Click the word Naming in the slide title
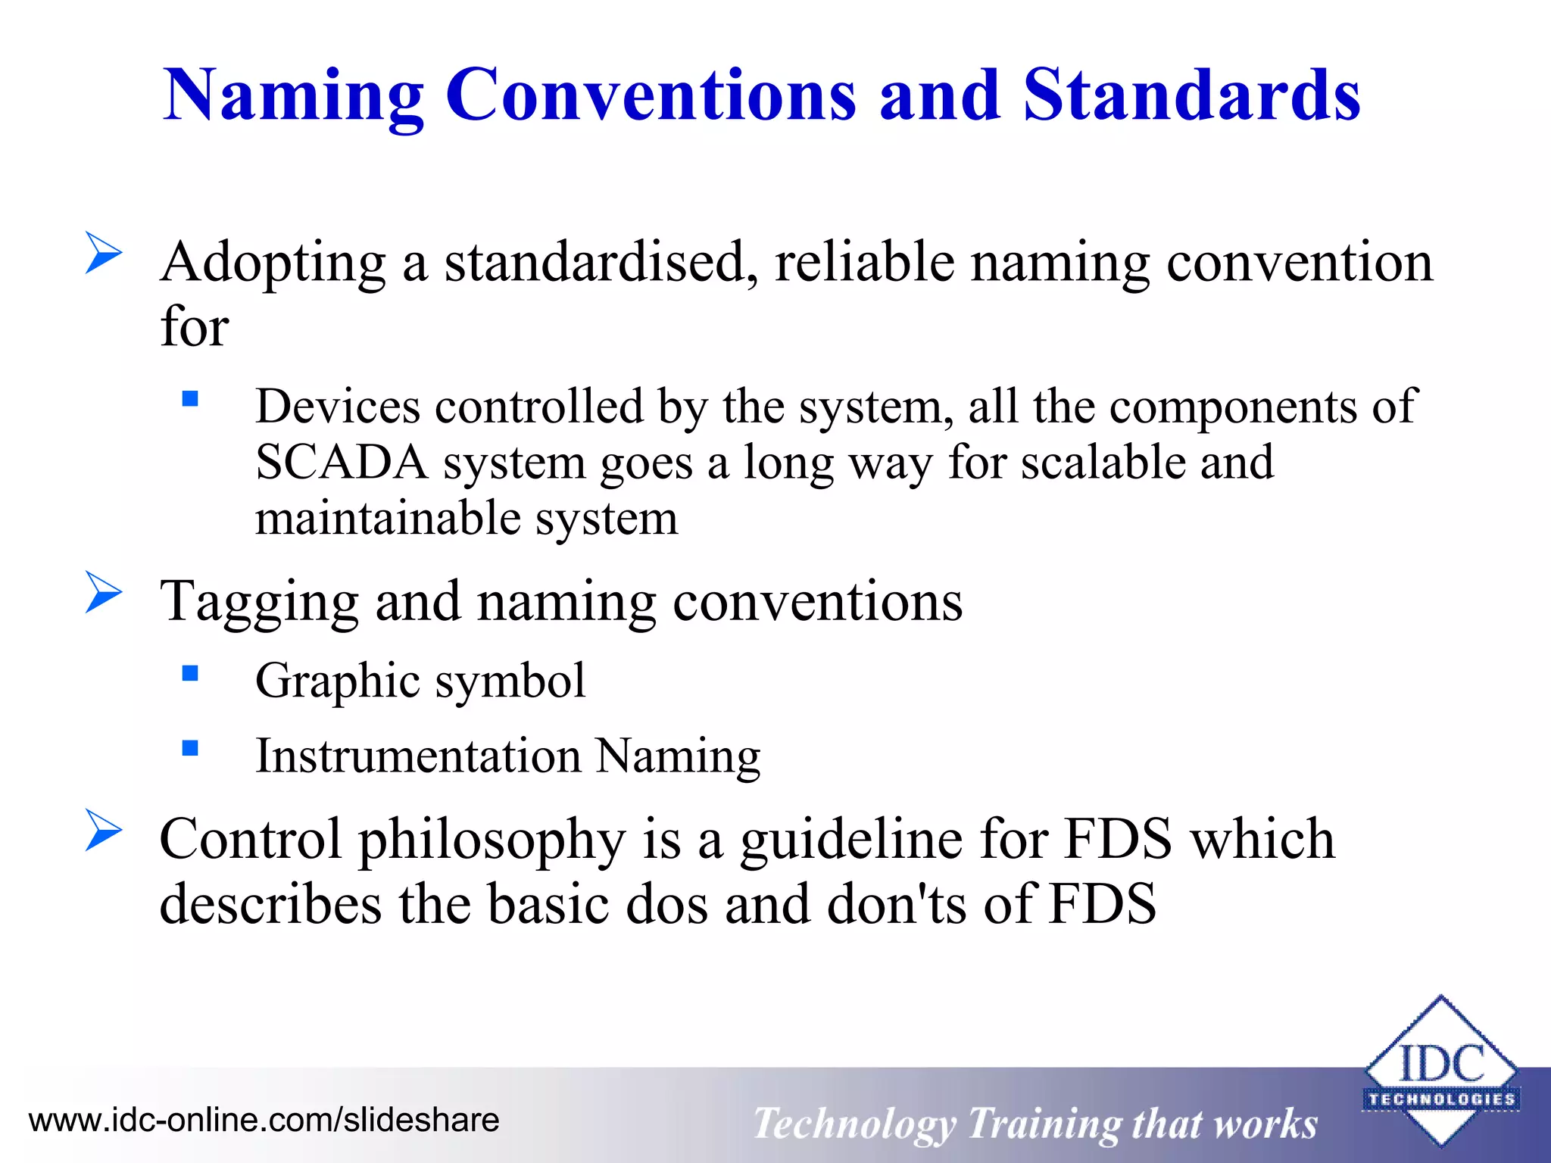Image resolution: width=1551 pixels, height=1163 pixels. (x=293, y=96)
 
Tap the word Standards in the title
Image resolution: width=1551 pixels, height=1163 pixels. (x=1191, y=96)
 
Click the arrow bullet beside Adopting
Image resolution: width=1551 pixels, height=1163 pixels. (x=104, y=252)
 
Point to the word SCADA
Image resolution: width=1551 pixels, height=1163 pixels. (x=342, y=463)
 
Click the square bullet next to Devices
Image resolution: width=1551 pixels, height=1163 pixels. (x=190, y=398)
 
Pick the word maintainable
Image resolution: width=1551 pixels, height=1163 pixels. (x=388, y=519)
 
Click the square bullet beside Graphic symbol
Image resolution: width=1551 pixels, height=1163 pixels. (x=190, y=673)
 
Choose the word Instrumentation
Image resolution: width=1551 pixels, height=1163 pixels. (x=418, y=756)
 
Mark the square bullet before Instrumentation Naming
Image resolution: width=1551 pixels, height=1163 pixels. (x=190, y=748)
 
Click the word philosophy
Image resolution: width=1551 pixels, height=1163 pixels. (x=492, y=840)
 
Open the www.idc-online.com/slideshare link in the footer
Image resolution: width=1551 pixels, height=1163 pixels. (x=264, y=1120)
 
